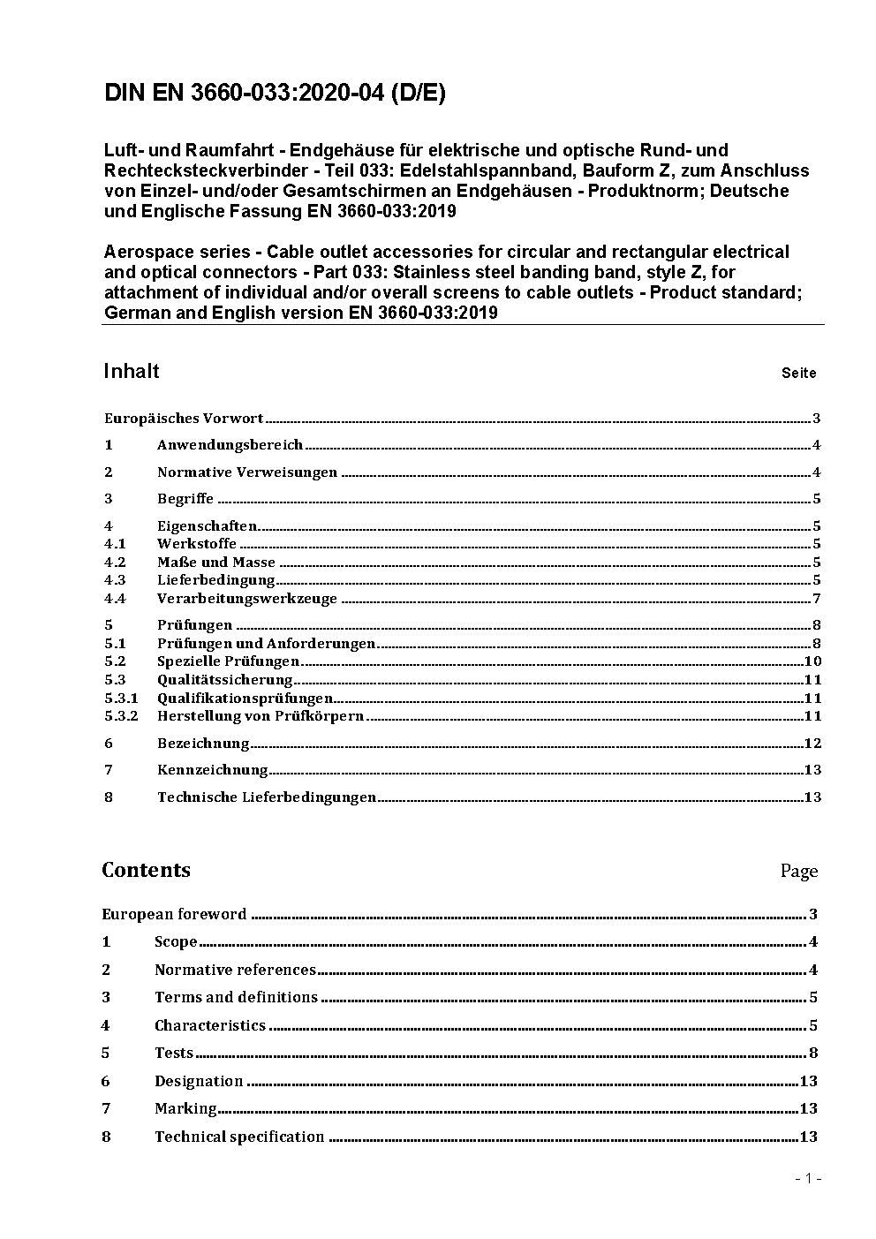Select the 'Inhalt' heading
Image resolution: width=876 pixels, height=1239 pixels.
(132, 371)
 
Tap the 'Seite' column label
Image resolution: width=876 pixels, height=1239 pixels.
(798, 373)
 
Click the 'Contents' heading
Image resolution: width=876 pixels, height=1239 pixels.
(146, 870)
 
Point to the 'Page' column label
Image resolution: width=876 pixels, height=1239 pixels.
(798, 872)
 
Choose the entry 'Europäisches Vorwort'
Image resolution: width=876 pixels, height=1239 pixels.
(184, 419)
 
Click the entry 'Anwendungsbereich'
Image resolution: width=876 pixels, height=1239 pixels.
(230, 445)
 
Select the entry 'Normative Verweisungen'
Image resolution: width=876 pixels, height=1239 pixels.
(247, 472)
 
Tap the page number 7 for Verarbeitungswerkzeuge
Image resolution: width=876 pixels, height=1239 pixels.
(817, 599)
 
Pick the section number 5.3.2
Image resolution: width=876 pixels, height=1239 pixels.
(121, 716)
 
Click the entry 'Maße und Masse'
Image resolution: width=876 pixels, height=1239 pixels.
(216, 563)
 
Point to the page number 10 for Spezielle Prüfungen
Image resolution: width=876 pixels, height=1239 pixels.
(813, 661)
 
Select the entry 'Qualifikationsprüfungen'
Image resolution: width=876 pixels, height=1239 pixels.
(245, 699)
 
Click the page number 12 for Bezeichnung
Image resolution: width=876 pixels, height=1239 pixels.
(813, 744)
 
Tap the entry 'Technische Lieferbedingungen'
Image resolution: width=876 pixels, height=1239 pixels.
(267, 797)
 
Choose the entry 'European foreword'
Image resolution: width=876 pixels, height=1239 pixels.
(174, 915)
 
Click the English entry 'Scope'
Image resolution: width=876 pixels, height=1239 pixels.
(176, 942)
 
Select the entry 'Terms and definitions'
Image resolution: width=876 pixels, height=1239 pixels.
(236, 998)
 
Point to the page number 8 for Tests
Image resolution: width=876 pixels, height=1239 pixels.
(813, 1054)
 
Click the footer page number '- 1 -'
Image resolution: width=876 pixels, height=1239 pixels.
(807, 1178)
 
